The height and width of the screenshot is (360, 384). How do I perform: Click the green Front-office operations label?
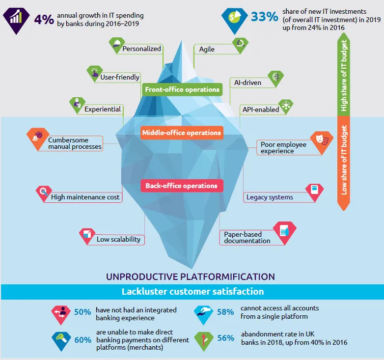pyautogui.click(x=182, y=89)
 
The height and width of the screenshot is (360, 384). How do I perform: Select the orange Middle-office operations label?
pyautogui.click(x=182, y=133)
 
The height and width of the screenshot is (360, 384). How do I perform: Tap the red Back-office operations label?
pyautogui.click(x=182, y=186)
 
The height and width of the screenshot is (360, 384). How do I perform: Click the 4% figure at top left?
pyautogui.click(x=44, y=19)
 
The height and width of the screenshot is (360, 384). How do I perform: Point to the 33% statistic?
pyautogui.click(x=265, y=17)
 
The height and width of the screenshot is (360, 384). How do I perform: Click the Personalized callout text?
pyautogui.click(x=141, y=49)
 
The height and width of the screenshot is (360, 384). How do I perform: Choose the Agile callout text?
pyautogui.click(x=207, y=49)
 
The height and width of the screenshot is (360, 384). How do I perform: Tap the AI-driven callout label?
pyautogui.click(x=247, y=83)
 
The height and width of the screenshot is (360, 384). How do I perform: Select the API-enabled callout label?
pyautogui.click(x=261, y=109)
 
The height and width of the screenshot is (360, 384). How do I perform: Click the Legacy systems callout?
pyautogui.click(x=270, y=197)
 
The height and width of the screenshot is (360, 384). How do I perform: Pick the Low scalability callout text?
pyautogui.click(x=118, y=239)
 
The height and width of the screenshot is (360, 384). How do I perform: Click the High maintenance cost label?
pyautogui.click(x=85, y=197)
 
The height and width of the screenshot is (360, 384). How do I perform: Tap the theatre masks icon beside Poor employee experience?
pyautogui.click(x=322, y=139)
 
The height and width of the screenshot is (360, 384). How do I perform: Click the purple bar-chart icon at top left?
pyautogui.click(x=16, y=17)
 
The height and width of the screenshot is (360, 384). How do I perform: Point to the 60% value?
pyautogui.click(x=83, y=340)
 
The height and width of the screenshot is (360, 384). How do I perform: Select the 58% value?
pyautogui.click(x=225, y=312)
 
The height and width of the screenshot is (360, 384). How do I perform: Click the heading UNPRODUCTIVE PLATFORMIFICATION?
pyautogui.click(x=191, y=277)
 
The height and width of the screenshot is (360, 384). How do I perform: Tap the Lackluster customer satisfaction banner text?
pyautogui.click(x=192, y=291)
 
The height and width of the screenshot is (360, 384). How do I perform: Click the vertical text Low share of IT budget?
pyautogui.click(x=344, y=160)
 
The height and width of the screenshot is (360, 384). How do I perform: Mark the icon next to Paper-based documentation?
pyautogui.click(x=284, y=230)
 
